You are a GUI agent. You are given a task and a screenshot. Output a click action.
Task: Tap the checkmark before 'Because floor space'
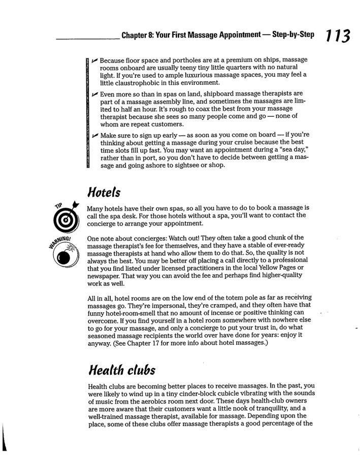click(95, 59)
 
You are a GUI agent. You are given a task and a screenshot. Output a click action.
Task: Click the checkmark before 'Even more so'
click(95, 94)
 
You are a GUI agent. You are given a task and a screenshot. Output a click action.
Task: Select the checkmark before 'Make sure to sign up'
click(95, 136)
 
